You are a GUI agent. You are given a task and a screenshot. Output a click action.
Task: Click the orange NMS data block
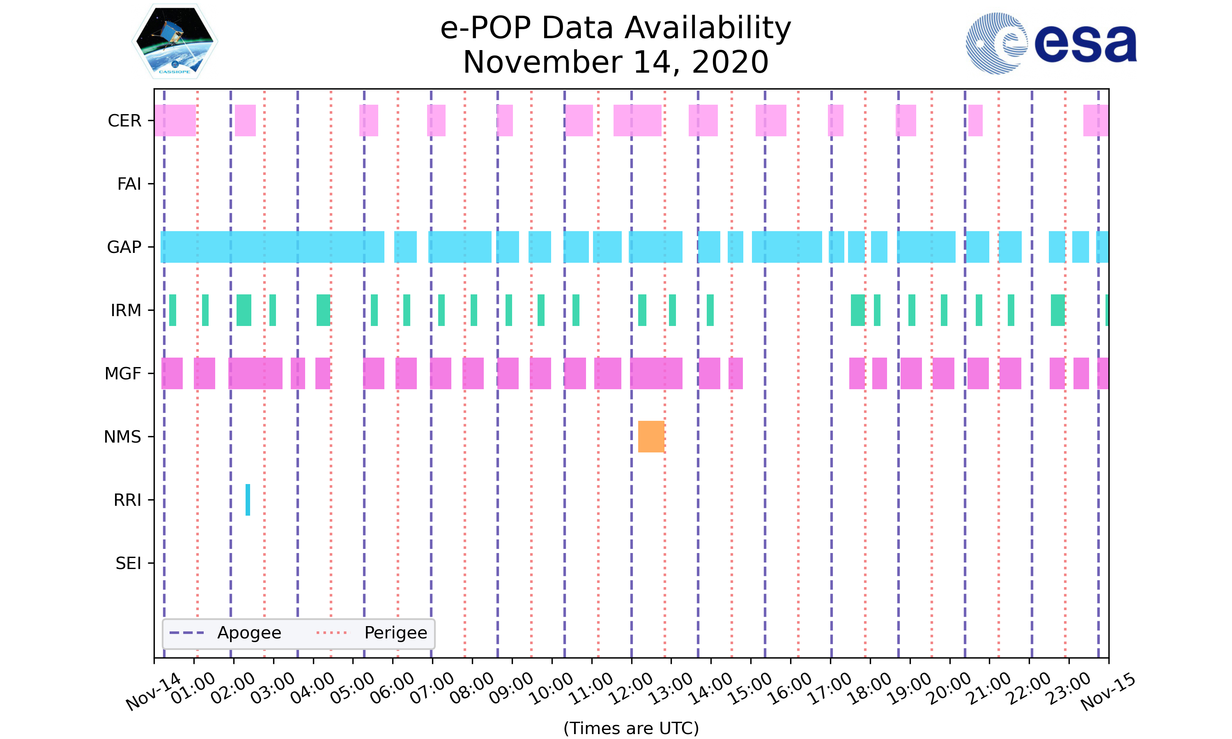pyautogui.click(x=651, y=436)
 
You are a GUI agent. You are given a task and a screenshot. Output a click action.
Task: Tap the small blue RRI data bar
pyautogui.click(x=248, y=500)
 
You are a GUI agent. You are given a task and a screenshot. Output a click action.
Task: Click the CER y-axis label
pyautogui.click(x=124, y=121)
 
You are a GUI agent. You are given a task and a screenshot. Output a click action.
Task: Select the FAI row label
pyautogui.click(x=129, y=184)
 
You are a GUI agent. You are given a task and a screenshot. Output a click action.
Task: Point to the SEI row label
pyautogui.click(x=129, y=563)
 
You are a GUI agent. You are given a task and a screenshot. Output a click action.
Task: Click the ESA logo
pyautogui.click(x=1051, y=44)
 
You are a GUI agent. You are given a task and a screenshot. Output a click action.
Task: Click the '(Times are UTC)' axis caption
pyautogui.click(x=631, y=728)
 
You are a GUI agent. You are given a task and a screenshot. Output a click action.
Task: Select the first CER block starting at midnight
pyautogui.click(x=175, y=121)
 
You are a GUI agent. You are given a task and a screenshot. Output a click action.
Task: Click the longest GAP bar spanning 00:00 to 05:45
pyautogui.click(x=272, y=247)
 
